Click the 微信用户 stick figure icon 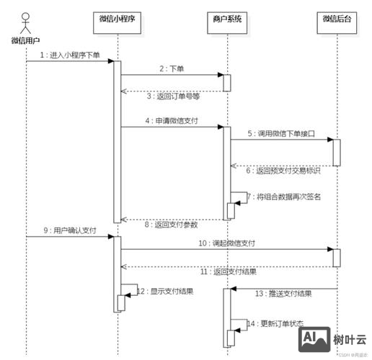(x=26, y=19)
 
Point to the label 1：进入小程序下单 (x=70, y=55)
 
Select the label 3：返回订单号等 (x=173, y=96)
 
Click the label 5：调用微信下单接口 (x=280, y=135)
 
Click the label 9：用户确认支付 (x=69, y=230)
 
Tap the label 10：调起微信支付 (x=226, y=244)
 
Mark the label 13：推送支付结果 (x=283, y=294)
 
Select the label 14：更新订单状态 (x=276, y=324)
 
